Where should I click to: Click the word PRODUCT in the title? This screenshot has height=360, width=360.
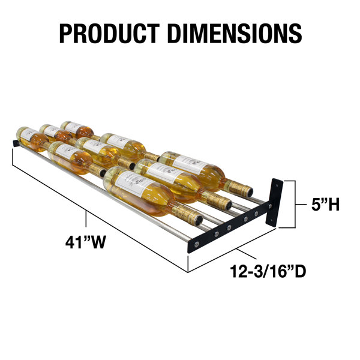point(110,34)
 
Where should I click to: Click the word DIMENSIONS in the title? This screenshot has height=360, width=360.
point(235,34)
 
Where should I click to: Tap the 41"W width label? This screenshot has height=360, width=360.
point(86,242)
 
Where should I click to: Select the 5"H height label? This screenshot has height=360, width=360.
point(325,204)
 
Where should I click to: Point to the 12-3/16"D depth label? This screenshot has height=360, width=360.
point(268,271)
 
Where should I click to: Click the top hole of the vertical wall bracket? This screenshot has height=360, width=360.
point(277,184)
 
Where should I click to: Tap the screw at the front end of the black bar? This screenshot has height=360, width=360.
point(197,245)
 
